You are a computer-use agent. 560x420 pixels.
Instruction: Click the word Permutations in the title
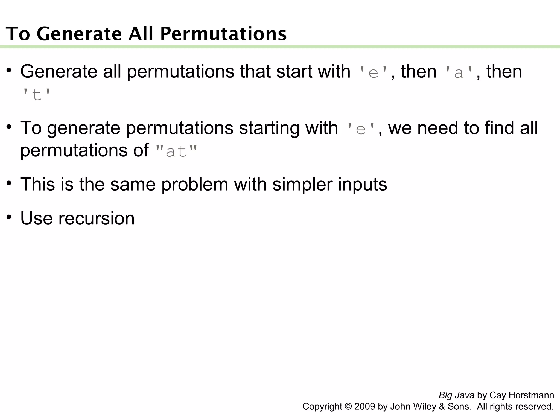coord(223,34)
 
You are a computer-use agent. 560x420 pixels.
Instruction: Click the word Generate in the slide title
coord(79,34)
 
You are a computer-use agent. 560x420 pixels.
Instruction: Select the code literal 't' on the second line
coord(36,95)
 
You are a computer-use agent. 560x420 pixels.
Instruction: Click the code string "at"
coord(176,151)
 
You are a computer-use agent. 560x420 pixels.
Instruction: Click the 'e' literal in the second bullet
coord(361,129)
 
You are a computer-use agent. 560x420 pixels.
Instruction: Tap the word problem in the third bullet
coord(194,184)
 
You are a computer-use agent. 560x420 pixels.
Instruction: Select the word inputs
coord(362,184)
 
